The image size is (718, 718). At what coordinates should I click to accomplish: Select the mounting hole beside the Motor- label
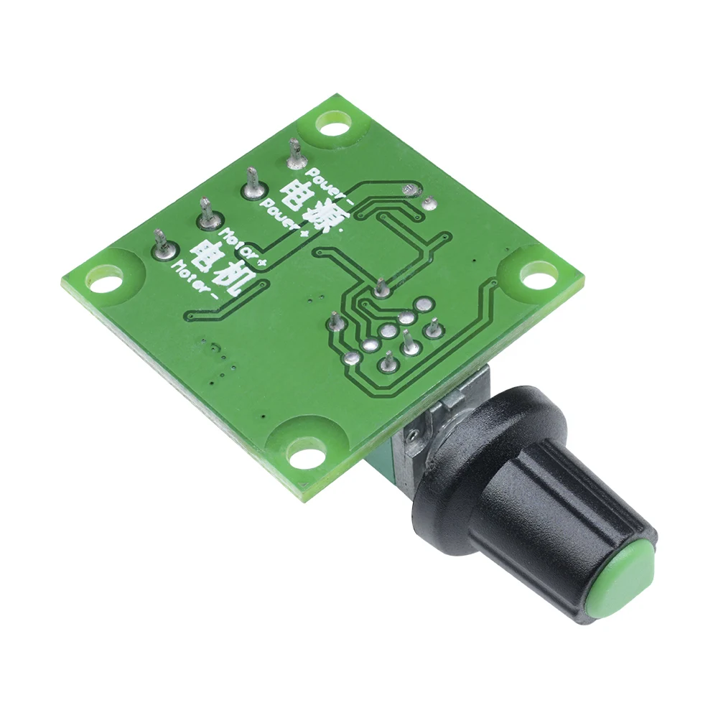pos(106,279)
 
